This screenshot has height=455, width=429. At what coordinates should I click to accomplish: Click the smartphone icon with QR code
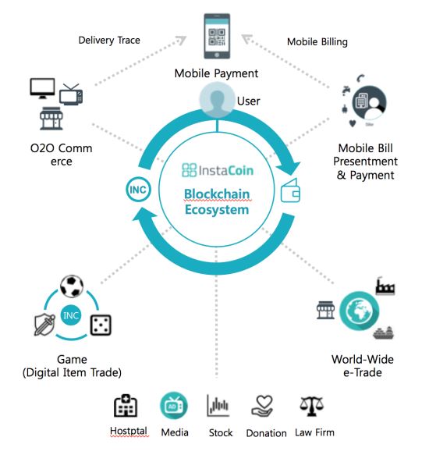point(217,36)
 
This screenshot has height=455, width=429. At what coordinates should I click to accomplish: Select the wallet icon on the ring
point(291,190)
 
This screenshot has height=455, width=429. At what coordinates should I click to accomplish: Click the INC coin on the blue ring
point(138,190)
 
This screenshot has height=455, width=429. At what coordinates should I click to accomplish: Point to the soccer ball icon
point(72,286)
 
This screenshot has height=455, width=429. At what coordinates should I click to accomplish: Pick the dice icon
point(101,325)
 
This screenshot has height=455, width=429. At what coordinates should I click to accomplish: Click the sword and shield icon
point(44,325)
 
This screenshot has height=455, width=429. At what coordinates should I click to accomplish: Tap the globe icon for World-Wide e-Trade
point(360,311)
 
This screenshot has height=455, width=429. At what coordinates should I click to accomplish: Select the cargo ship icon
point(384,332)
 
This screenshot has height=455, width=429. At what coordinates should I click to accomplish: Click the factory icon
point(385,286)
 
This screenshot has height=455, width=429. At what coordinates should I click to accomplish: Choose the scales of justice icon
point(311,407)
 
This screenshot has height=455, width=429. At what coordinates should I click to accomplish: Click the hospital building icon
point(126,406)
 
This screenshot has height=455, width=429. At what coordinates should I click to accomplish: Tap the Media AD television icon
point(174,406)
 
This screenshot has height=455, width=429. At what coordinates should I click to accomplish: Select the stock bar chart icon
point(218,405)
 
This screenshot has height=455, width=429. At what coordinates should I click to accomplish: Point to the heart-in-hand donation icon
point(262,406)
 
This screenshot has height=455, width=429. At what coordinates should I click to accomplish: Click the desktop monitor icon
point(42,88)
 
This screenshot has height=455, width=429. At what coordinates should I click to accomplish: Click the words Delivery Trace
point(109,41)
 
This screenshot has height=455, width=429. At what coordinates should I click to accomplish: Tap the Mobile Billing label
point(317,42)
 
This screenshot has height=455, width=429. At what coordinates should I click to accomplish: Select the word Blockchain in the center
point(217,194)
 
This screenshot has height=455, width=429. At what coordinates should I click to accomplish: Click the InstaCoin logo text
point(218,170)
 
